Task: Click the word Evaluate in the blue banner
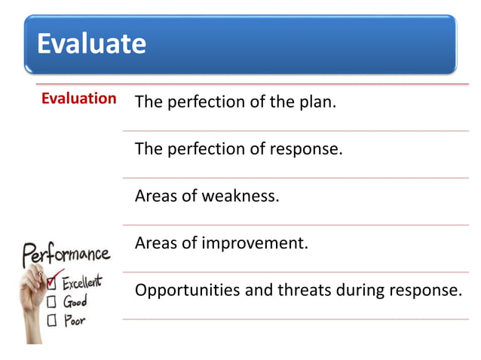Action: coord(91,43)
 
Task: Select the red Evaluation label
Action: coord(78,99)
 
